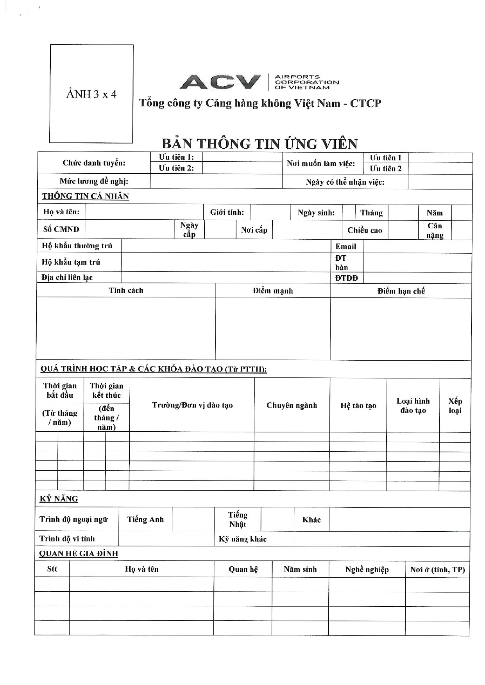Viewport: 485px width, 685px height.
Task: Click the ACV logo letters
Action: (x=220, y=82)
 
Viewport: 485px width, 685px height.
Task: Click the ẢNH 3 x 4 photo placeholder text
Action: (x=91, y=94)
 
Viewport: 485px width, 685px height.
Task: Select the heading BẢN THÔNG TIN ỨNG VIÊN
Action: (x=260, y=144)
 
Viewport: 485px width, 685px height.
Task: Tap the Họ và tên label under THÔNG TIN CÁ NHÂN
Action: (x=61, y=212)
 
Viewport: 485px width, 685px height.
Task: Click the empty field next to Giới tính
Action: (x=270, y=212)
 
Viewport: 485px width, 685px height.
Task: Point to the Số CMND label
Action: (x=61, y=229)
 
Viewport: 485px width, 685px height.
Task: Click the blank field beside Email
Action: (x=417, y=246)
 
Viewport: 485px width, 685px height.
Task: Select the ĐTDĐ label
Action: (x=346, y=278)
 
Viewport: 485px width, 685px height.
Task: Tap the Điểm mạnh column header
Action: (x=273, y=291)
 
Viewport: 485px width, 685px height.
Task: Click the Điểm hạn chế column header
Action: (x=401, y=291)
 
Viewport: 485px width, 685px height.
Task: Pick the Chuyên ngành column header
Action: (x=292, y=405)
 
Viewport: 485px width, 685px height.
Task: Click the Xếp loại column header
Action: (x=455, y=406)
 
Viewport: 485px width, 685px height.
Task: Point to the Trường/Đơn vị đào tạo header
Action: (x=192, y=405)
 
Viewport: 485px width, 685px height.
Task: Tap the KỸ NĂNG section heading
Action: (x=59, y=499)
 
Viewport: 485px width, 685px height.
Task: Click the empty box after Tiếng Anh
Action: (x=193, y=519)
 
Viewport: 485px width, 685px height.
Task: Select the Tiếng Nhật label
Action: (x=238, y=520)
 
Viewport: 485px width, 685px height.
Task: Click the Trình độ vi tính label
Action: (x=67, y=539)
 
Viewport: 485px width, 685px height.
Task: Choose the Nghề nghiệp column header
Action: (x=367, y=569)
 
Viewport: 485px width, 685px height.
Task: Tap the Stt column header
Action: (x=52, y=569)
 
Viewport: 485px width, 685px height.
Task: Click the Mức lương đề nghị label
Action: (x=94, y=181)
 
